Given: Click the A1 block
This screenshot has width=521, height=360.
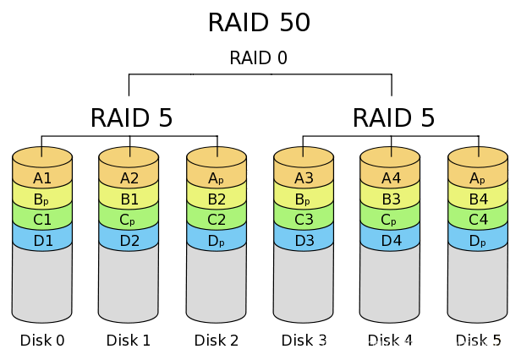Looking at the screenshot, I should coord(42,178).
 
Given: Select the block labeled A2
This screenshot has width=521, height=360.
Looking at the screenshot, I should coord(129,178).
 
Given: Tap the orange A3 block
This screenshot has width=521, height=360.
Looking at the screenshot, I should coord(304,178).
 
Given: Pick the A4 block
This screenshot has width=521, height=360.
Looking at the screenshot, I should coord(391,178).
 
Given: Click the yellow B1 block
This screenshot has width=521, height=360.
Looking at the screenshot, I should coord(129,199).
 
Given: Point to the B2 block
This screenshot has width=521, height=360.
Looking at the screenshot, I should coord(217,199).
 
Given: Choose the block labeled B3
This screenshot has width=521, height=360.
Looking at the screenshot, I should coord(391,199).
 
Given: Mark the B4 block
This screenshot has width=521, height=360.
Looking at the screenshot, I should coord(478,199).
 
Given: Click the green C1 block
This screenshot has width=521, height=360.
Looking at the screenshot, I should coord(42,220).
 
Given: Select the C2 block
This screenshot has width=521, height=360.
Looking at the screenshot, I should coord(217,220).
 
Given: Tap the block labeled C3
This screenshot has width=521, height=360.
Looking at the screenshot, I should coord(304,220).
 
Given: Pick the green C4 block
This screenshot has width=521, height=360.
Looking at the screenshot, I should coord(478,220).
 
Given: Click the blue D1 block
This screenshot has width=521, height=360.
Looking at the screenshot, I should coord(42,241).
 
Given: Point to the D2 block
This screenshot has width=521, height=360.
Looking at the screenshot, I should coord(129,241).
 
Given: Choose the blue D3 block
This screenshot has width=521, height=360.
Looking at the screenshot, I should coord(304,241).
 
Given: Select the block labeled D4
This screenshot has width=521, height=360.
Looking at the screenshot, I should coord(391,241).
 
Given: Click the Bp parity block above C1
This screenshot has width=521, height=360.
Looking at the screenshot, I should coord(42,199).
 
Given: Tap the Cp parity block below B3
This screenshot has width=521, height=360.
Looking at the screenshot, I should coord(391,220).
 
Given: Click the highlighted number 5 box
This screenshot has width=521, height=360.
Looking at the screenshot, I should coord(497,341).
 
